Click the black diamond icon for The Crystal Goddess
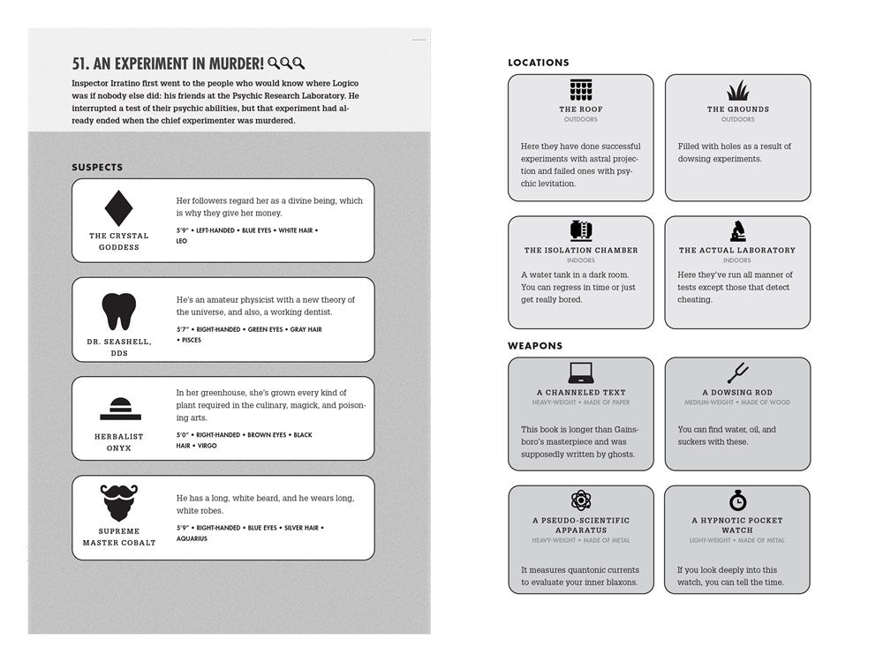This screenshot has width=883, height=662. pos(119,208)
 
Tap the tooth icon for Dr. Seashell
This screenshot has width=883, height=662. pos(119,312)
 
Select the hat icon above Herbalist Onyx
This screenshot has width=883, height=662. pos(119,409)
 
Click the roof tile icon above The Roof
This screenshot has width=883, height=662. pos(580,91)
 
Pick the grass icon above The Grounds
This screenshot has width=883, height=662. pos(737,91)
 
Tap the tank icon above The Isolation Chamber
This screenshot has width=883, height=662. pos(580,231)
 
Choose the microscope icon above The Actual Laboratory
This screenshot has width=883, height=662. pos(737,231)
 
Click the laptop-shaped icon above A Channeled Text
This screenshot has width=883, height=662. pos(580,372)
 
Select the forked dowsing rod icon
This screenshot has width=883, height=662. pos(737,372)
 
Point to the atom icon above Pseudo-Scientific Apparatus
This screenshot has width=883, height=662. pos(580,500)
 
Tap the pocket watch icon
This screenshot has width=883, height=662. pos(737,500)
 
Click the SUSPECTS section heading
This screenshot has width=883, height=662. pos(97,168)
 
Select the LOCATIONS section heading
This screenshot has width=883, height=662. pos(539,63)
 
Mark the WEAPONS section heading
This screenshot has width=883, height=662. pos(535,346)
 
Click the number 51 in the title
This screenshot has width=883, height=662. pos(80,64)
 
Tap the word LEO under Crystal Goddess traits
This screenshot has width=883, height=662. pos(182,241)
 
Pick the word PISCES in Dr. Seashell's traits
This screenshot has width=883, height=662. pos(191,340)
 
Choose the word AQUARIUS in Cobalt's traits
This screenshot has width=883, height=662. pos(192,538)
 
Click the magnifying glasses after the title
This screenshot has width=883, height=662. pos(286,64)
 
